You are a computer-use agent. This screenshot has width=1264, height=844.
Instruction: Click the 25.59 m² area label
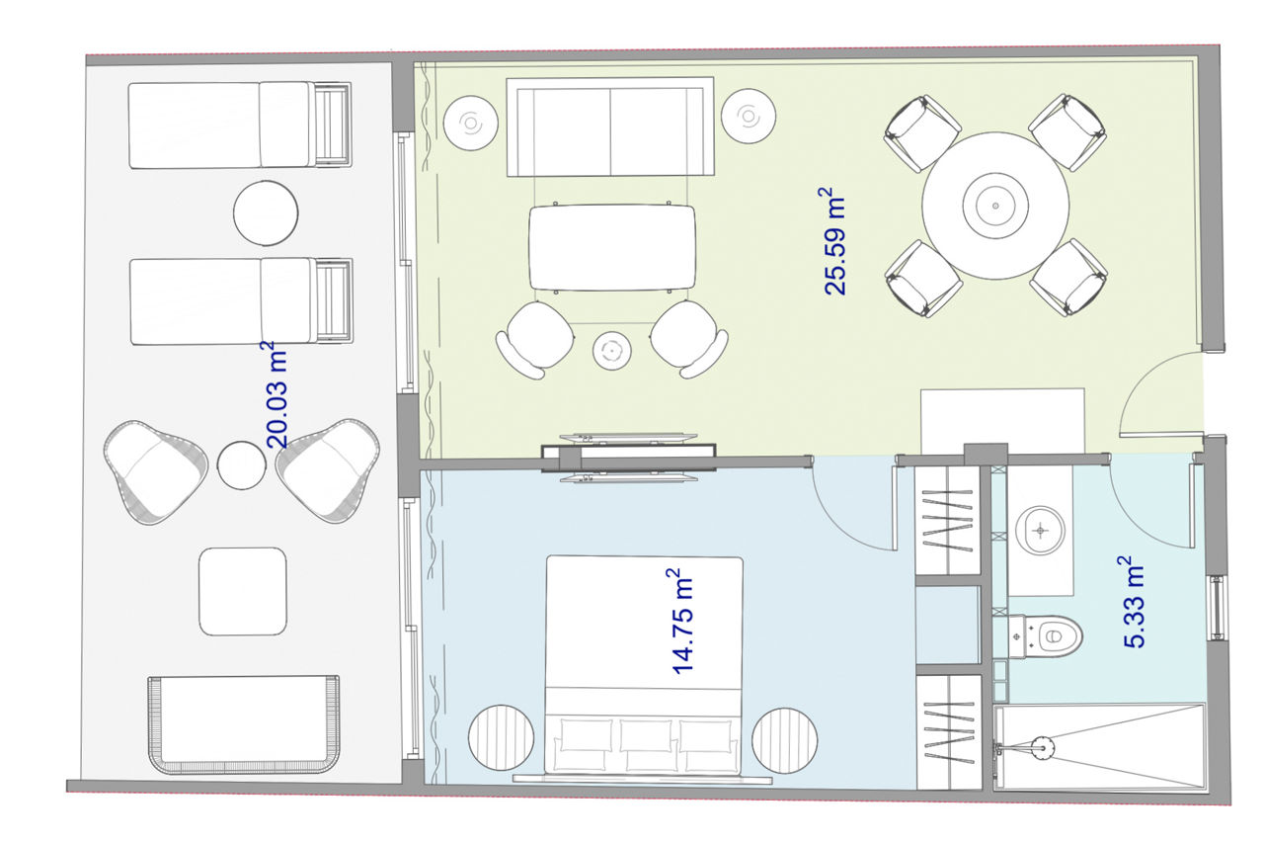(832, 242)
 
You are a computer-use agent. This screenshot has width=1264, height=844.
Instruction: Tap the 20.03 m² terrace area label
(277, 394)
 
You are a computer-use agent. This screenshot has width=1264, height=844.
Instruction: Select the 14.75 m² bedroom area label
(681, 622)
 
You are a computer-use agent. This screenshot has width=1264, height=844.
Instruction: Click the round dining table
(995, 206)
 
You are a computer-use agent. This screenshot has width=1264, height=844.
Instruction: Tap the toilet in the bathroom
(1045, 636)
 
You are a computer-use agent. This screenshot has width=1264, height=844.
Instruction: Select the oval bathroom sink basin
(1040, 531)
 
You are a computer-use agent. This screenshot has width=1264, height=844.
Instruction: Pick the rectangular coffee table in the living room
(612, 247)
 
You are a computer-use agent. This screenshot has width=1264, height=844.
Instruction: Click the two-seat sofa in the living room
(610, 127)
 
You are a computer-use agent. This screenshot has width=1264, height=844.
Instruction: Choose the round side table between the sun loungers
(266, 213)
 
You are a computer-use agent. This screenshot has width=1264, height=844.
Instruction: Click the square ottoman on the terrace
(243, 591)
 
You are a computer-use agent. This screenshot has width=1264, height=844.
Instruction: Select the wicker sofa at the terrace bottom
(244, 724)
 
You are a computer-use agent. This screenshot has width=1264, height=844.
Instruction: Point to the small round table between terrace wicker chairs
(242, 465)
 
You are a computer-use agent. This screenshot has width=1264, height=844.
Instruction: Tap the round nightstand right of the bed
(785, 740)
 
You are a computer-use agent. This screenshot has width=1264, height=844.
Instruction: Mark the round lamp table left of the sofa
(471, 124)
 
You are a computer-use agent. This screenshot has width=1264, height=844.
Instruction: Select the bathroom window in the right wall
(1218, 608)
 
